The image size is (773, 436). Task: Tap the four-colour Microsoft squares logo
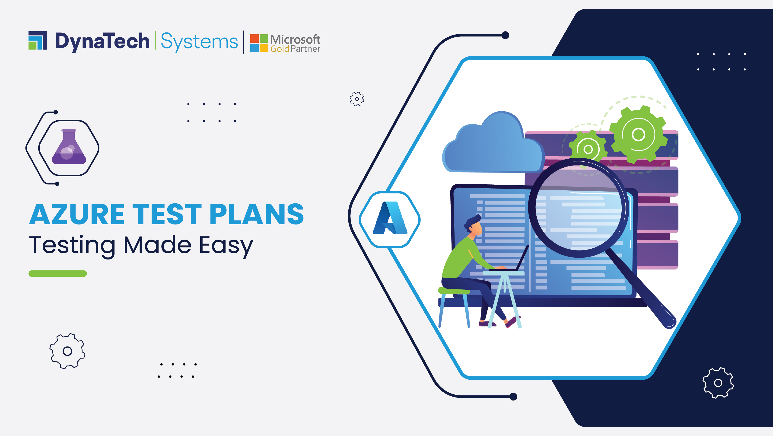click(259, 43)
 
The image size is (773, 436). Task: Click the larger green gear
click(639, 134)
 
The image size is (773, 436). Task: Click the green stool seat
click(454, 290)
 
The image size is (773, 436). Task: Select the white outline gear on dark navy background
click(718, 383)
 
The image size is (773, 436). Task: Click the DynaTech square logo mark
click(38, 40)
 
